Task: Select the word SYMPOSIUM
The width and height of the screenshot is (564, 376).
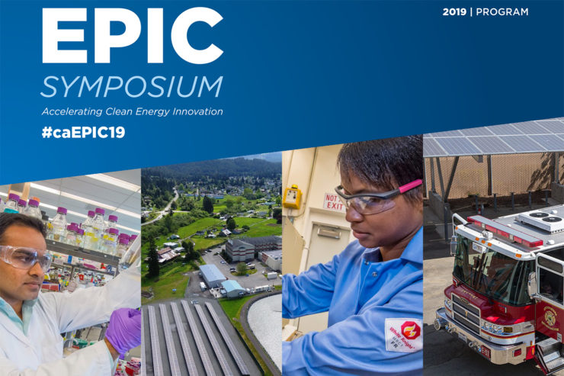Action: (131, 87)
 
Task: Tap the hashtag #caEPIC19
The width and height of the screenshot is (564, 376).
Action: (83, 132)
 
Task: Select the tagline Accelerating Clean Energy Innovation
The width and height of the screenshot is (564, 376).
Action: (132, 111)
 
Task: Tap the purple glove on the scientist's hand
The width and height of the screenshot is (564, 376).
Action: (123, 330)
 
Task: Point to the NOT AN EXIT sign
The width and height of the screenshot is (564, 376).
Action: (333, 201)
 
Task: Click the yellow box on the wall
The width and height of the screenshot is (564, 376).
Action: (293, 197)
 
